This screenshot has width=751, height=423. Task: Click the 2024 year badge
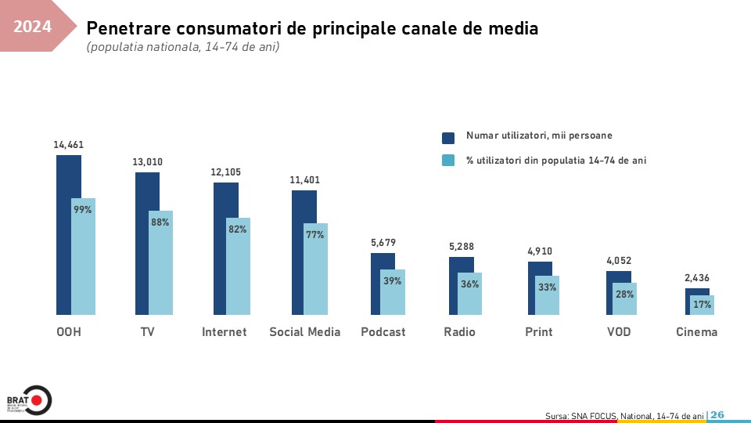coord(33,27)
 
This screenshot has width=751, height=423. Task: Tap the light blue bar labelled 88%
coord(160,262)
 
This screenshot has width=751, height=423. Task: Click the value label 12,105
coord(225,172)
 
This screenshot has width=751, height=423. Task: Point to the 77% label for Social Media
coord(315,234)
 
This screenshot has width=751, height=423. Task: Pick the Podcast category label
coord(383,332)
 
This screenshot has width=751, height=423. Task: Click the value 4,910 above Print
coord(540,251)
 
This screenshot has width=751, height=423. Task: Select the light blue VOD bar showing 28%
coord(624,298)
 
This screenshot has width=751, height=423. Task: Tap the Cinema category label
coord(696,332)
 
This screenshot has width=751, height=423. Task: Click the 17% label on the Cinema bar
coord(702,305)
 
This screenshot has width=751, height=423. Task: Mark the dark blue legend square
coord(448,138)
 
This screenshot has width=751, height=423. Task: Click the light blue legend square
coord(448,161)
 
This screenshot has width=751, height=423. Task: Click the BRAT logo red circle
coord(36,400)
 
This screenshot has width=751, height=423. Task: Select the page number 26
coord(717,415)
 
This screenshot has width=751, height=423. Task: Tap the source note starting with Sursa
coord(624,416)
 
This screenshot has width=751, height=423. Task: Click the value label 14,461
coord(69,145)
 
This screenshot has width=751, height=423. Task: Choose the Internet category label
coord(225,332)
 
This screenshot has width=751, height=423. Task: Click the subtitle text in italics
coord(183,48)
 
